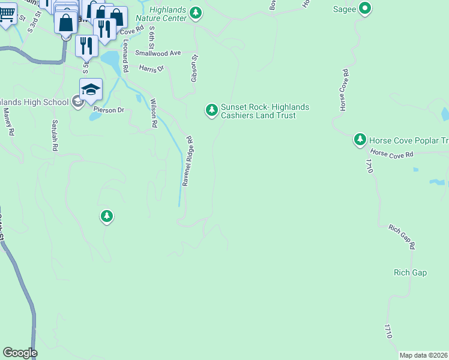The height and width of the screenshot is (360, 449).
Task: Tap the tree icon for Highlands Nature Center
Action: (x=196, y=13)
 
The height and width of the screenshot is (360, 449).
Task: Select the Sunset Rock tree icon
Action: (x=211, y=110)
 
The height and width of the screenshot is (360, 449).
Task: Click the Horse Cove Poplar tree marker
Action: (x=360, y=140)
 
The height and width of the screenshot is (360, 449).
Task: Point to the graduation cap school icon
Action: (x=91, y=89)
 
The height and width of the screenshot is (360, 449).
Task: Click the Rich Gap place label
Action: (x=410, y=273)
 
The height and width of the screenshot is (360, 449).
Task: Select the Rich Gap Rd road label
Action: (x=402, y=237)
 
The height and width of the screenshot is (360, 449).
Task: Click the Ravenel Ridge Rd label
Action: (x=188, y=160)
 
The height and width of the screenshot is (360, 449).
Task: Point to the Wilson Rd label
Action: (x=154, y=113)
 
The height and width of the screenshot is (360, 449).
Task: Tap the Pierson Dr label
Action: (x=109, y=110)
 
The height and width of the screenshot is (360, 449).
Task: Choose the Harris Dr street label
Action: (x=151, y=69)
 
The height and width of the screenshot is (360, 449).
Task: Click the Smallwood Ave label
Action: (x=158, y=53)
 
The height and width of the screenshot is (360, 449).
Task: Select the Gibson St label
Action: (x=194, y=69)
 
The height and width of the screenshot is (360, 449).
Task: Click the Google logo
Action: (x=20, y=353)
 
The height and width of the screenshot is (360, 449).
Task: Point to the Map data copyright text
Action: (x=423, y=355)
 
